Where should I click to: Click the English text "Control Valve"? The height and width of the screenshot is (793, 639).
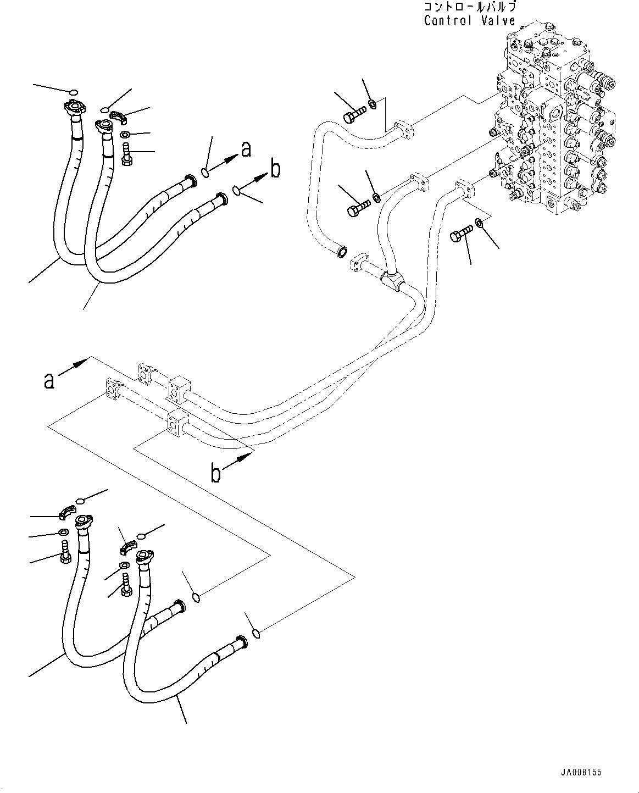point(470,21)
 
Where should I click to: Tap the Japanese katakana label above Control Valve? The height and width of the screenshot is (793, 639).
point(470,7)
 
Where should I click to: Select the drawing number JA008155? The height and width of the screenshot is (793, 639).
point(581,773)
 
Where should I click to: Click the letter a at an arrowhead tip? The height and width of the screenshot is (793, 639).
point(247,148)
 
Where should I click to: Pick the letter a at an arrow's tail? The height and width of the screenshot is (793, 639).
point(49,380)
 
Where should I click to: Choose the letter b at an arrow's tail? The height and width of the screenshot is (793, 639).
point(217,473)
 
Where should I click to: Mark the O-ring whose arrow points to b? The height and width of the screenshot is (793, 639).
point(236,191)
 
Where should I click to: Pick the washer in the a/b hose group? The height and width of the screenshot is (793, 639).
point(125,135)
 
